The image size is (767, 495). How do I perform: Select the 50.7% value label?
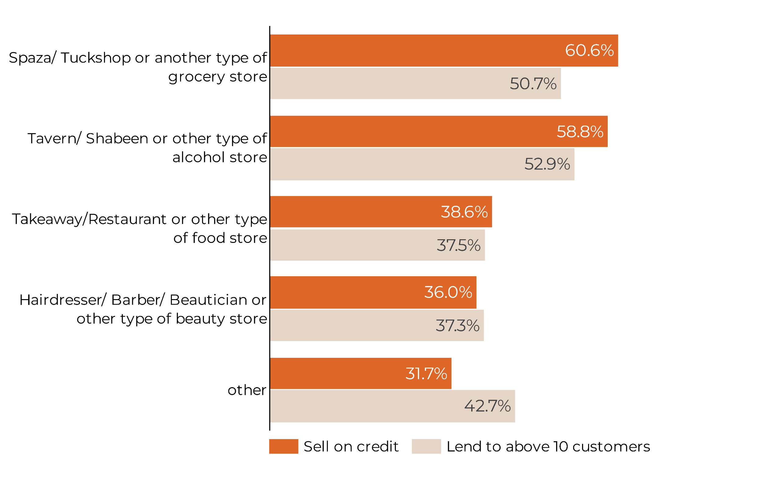point(533,84)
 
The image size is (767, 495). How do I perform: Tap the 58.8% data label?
point(580,131)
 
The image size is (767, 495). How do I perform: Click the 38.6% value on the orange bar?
point(464,212)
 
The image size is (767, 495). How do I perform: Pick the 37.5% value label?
point(458,245)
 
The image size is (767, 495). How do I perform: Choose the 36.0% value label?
point(448,292)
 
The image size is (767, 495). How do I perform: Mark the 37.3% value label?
point(457,325)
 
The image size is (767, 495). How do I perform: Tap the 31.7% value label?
point(426,373)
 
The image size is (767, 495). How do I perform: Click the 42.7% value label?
point(487,406)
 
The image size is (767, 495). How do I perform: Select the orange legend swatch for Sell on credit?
point(284,446)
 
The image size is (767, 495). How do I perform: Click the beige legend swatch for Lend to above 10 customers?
point(426,446)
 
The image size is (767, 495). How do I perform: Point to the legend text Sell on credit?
point(351,446)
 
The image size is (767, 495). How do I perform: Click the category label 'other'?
point(247,390)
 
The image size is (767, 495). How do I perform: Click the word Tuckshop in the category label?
point(95,58)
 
